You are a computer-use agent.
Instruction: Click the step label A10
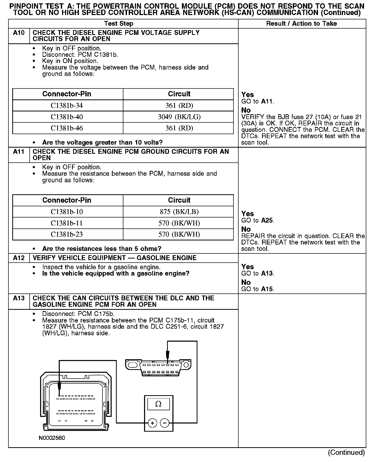19,33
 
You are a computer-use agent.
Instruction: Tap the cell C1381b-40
67,117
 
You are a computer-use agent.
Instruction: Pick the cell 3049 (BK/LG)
179,117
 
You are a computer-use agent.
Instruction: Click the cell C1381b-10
67,212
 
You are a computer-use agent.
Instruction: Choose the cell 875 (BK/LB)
179,212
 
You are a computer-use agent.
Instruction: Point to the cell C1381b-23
67,234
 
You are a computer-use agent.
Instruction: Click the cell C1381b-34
67,106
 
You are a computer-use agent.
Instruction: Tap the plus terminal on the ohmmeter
152,424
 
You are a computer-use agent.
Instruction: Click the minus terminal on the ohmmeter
165,424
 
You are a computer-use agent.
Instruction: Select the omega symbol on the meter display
158,404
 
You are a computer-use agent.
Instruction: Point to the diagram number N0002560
52,438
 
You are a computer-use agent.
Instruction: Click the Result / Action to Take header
301,24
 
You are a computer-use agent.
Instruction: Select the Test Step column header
119,24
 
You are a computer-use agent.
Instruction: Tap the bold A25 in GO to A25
267,221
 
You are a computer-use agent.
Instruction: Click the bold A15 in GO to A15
267,289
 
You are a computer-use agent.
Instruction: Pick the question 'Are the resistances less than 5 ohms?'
102,249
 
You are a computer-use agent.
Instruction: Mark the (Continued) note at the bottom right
346,452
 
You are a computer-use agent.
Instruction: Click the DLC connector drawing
158,367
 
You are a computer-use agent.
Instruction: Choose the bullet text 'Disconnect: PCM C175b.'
80,314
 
